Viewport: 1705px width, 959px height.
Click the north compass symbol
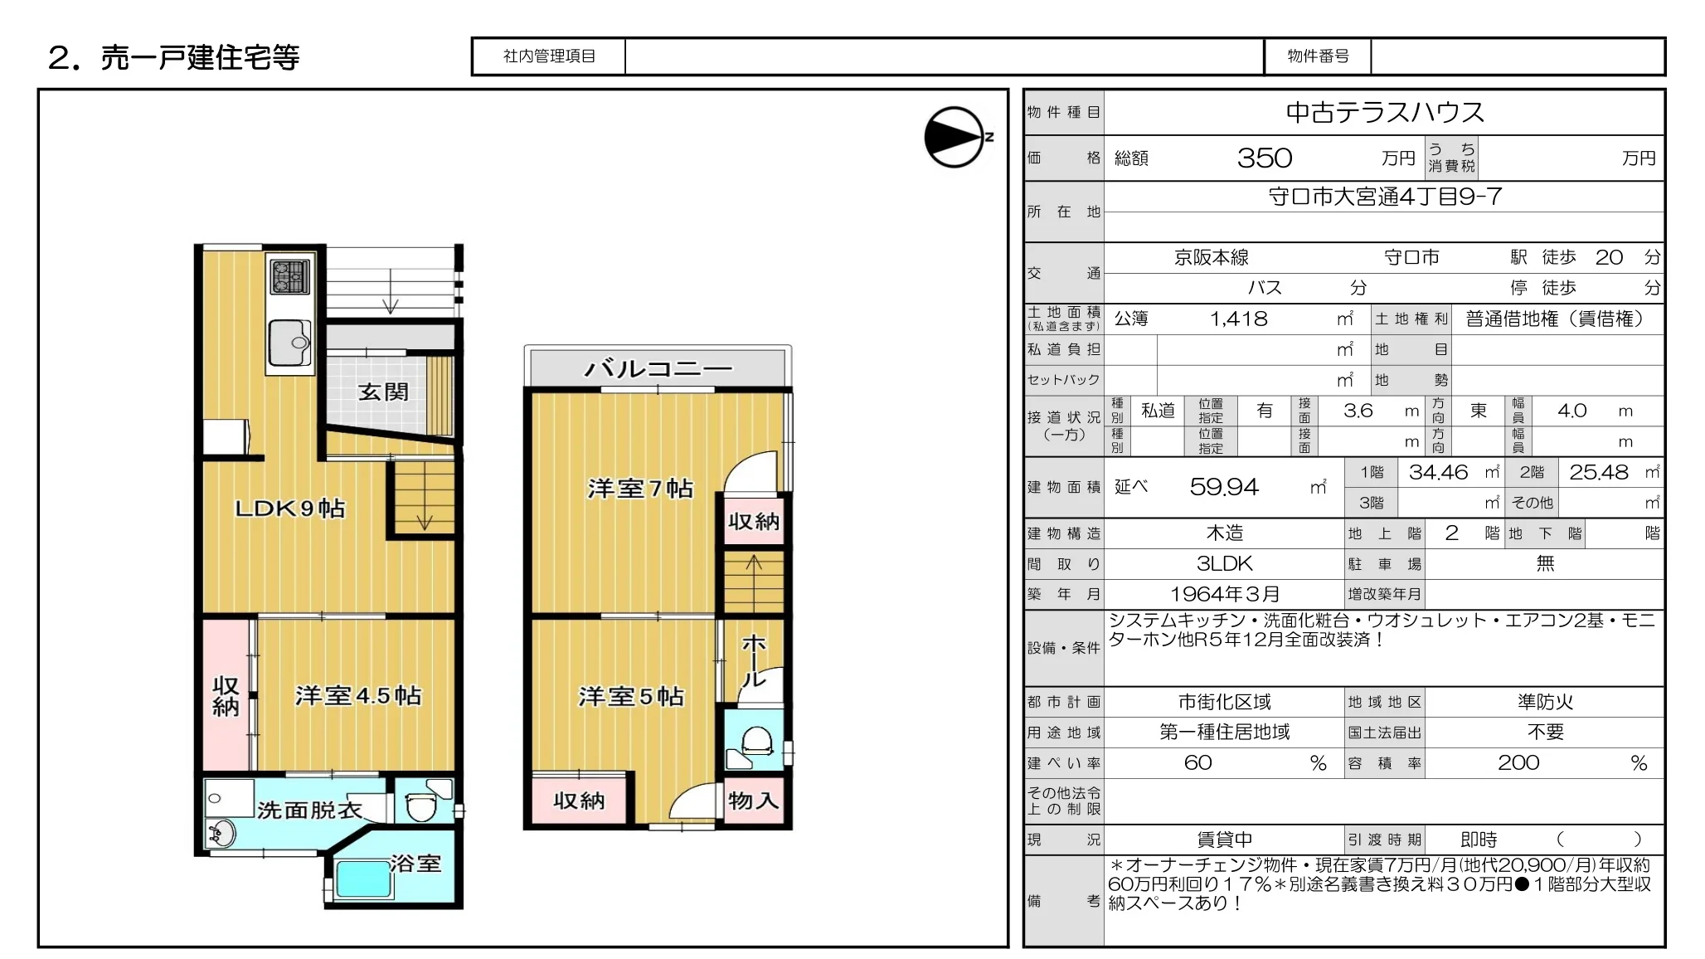955,137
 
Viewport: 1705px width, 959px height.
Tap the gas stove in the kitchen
290,276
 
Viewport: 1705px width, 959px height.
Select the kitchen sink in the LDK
289,343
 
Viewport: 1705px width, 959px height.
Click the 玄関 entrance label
383,392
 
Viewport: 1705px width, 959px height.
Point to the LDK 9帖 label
290,508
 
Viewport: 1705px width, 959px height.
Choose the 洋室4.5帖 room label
358,695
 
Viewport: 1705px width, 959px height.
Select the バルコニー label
658,368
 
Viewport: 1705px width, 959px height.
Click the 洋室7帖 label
640,488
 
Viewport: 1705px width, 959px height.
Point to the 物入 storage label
753,801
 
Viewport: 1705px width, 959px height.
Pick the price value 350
1265,158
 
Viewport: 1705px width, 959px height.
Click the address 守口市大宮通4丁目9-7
1385,197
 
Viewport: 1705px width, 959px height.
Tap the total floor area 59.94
1224,487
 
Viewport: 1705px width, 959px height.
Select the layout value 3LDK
1225,564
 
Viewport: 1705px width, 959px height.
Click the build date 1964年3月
1225,594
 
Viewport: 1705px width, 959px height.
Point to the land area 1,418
1239,319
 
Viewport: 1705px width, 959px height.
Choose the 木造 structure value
1225,533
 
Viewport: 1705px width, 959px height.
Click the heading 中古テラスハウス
1385,112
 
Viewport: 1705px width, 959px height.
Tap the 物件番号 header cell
1318,56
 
